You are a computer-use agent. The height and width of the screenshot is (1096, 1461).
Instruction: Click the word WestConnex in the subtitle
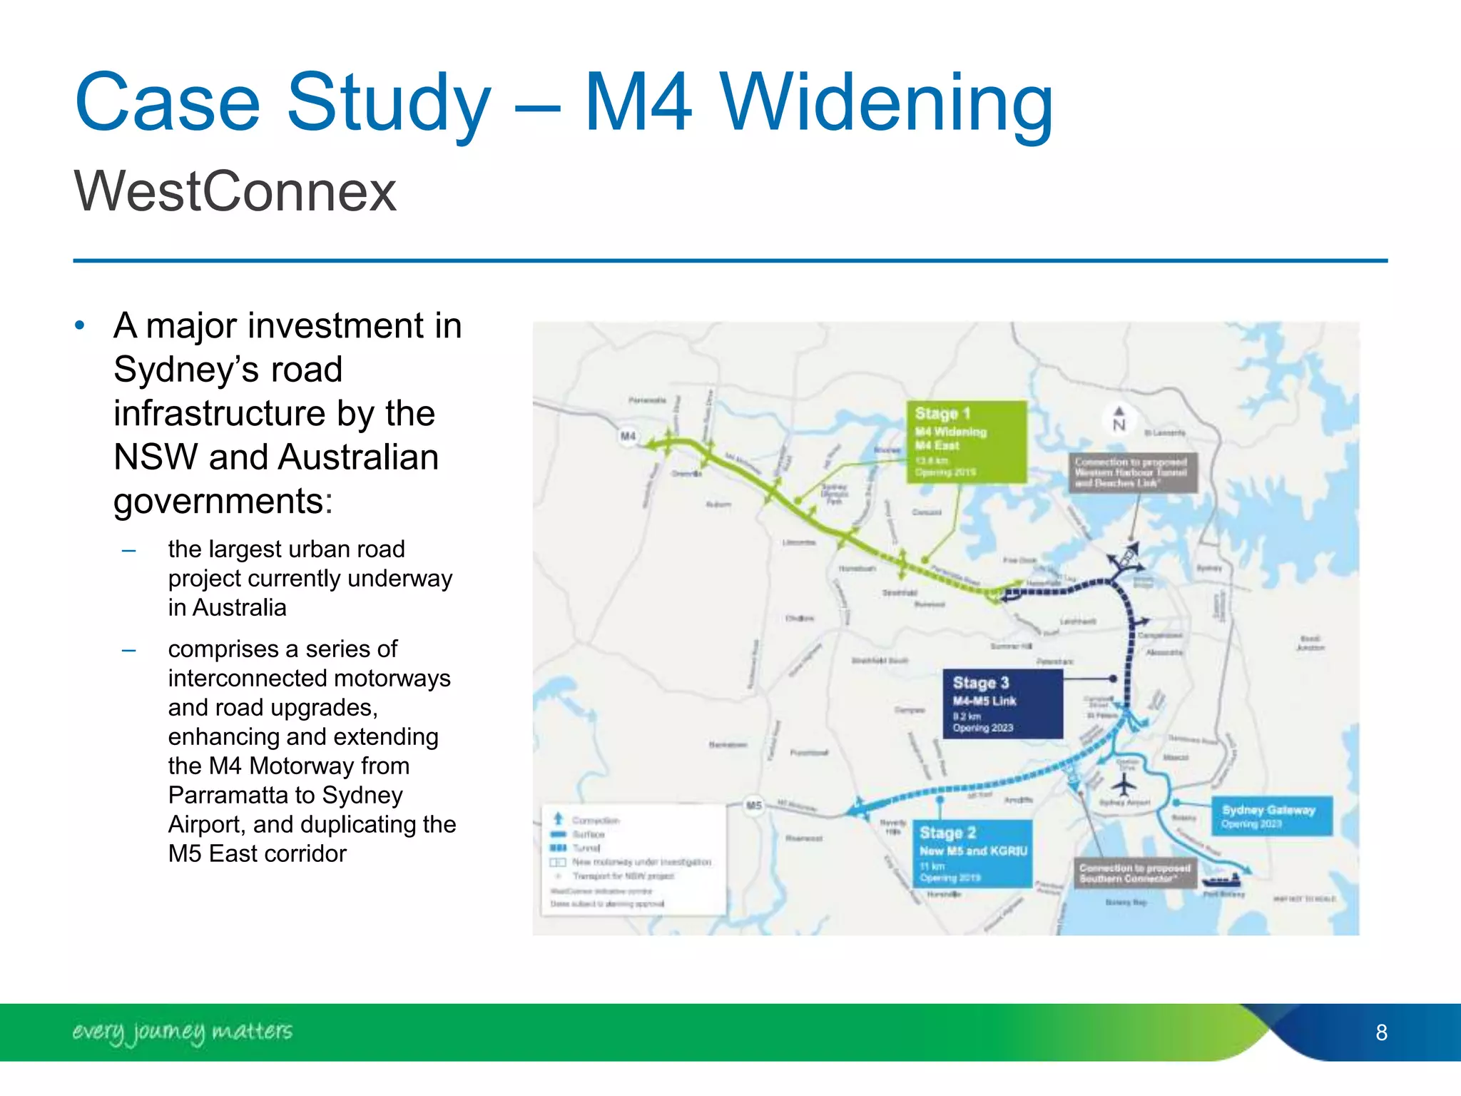(x=235, y=191)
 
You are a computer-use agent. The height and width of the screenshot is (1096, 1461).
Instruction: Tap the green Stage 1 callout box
(x=966, y=442)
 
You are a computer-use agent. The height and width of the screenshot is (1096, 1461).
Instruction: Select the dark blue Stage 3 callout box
(x=1002, y=704)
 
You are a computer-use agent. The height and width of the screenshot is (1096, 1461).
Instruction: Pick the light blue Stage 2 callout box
(x=972, y=853)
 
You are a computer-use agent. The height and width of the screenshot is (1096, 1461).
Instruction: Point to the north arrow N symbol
(x=1119, y=420)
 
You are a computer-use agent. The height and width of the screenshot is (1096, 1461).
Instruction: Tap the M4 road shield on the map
(x=628, y=436)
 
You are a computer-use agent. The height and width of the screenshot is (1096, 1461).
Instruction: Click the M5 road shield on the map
(x=754, y=805)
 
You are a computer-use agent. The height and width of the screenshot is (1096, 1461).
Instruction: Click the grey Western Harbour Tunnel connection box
(x=1132, y=472)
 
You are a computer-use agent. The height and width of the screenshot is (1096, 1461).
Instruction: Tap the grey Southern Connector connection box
(x=1134, y=873)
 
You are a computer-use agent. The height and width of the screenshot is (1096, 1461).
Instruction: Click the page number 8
(x=1381, y=1032)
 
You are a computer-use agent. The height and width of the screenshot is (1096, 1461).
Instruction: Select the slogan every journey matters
(x=182, y=1032)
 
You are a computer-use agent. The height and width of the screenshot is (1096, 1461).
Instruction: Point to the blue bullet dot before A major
(x=80, y=326)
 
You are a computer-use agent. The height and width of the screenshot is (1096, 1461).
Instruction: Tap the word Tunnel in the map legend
(x=586, y=848)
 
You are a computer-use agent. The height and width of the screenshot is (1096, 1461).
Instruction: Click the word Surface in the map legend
(x=589, y=834)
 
